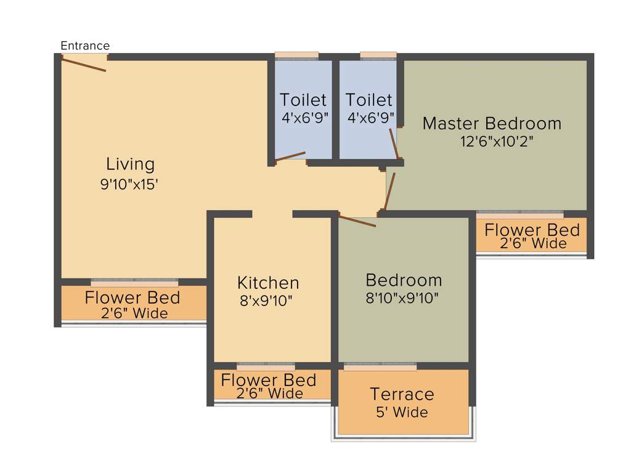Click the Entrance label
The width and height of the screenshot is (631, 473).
tap(85, 46)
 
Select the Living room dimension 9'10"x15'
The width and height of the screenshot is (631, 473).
tap(130, 184)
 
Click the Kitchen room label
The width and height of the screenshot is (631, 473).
tap(268, 283)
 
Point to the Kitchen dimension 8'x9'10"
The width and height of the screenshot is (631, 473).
tap(266, 301)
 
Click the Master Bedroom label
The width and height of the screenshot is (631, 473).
tap(492, 123)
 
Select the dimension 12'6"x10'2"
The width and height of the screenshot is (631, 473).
tap(497, 141)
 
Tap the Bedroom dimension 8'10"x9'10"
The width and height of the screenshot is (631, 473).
tap(404, 298)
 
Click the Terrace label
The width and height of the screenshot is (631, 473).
tap(402, 394)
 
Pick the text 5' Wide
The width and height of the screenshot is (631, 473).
tap(402, 412)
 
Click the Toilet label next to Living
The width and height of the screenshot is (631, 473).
tap(303, 100)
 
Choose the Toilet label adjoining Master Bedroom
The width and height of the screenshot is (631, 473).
tap(368, 100)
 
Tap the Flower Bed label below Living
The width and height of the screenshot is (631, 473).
tap(132, 298)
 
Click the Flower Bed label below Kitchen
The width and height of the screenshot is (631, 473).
tap(269, 380)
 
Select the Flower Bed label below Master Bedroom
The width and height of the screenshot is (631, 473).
tap(532, 230)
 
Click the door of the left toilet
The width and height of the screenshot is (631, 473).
tap(290, 156)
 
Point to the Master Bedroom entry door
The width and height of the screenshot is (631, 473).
tap(389, 192)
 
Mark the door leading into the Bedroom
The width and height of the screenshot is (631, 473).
tap(357, 221)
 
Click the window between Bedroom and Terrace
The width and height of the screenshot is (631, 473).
tap(380, 366)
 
